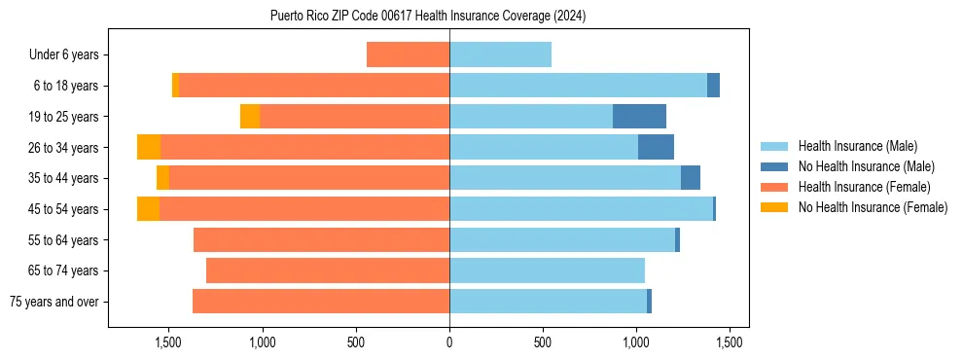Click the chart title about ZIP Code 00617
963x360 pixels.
(428, 16)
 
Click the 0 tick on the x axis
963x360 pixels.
(449, 342)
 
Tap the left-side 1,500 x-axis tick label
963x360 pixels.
(168, 342)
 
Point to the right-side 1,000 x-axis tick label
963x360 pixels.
(636, 342)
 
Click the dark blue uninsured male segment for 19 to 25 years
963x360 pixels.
(639, 117)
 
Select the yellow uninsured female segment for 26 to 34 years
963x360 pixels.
(149, 147)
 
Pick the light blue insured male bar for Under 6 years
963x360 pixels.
(500, 55)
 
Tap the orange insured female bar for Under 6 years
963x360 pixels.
(408, 55)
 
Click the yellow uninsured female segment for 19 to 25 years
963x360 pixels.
(250, 117)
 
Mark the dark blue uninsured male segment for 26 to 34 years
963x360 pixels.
(656, 147)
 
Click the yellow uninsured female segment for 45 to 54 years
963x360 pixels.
(148, 209)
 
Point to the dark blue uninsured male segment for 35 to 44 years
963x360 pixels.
(691, 178)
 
